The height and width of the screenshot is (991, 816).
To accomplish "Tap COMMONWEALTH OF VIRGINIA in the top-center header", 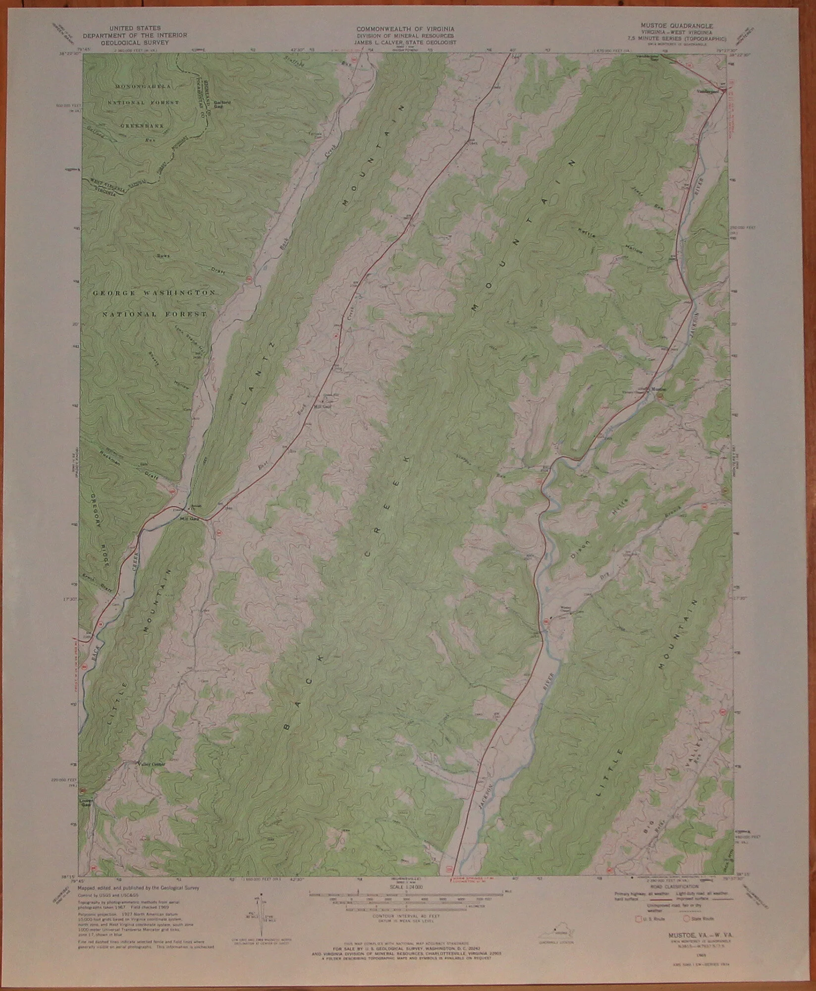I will coord(405,29).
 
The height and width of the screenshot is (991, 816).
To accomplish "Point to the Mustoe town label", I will coord(658,389).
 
